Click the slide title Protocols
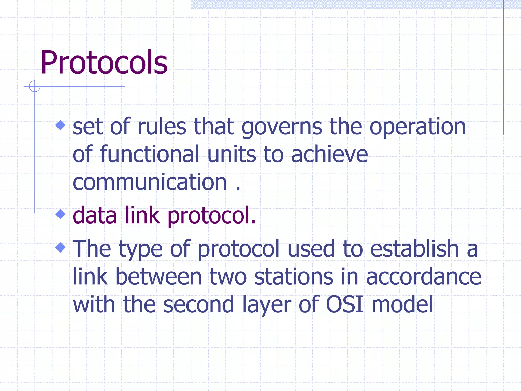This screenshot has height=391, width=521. click(104, 63)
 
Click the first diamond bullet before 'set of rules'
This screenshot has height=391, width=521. click(61, 125)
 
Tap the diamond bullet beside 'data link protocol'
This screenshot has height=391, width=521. click(61, 214)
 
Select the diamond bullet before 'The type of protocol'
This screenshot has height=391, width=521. click(61, 247)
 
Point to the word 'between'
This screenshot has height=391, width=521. click(158, 277)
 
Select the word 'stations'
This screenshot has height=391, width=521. click(294, 277)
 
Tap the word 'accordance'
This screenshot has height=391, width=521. click(424, 277)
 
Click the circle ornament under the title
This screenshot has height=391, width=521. click(35, 86)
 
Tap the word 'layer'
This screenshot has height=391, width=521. click(266, 305)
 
